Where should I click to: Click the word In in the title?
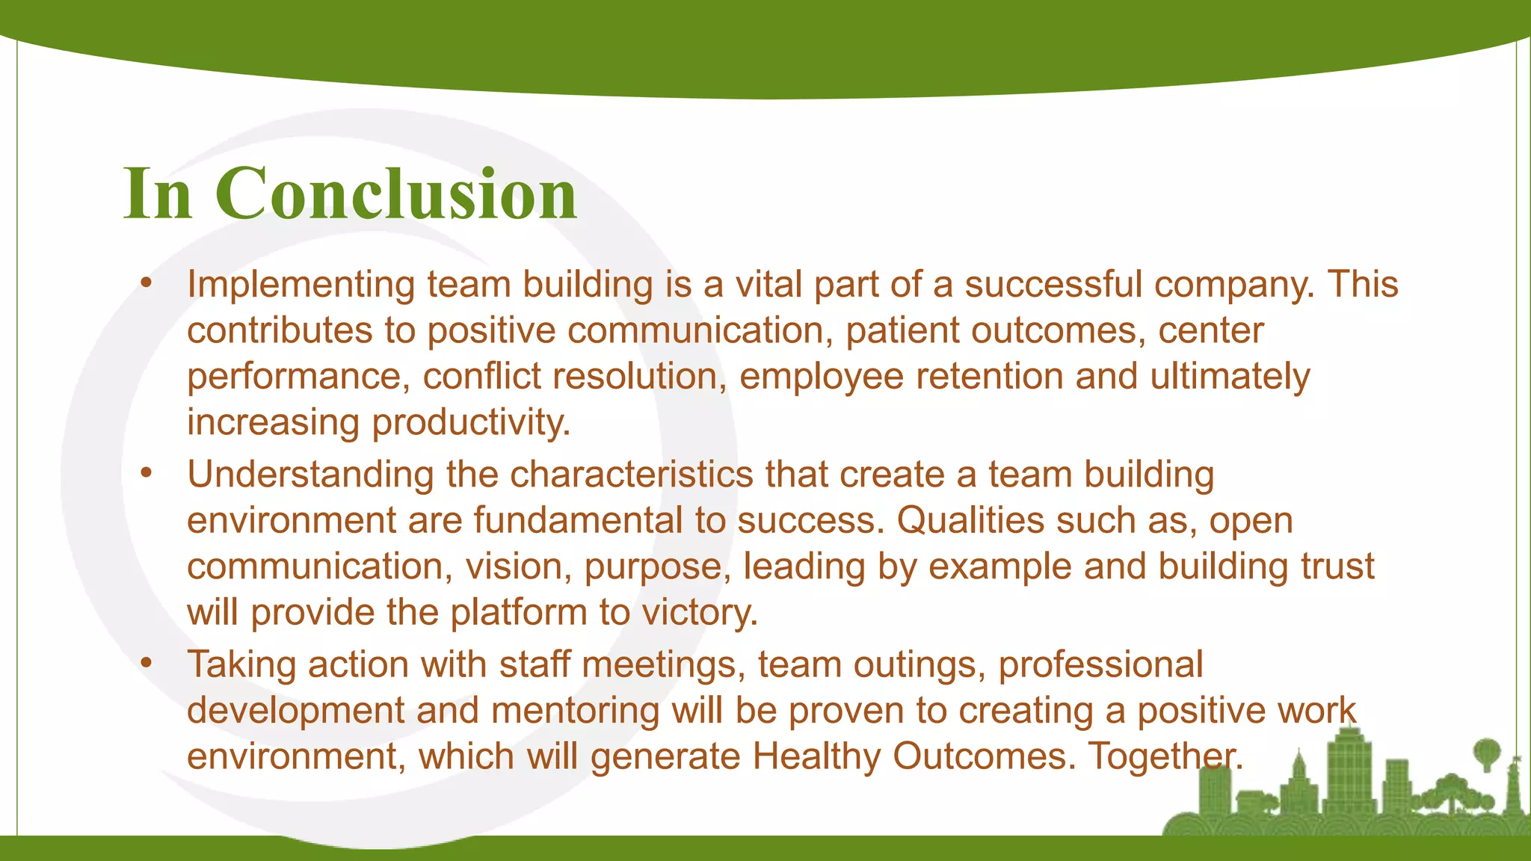158,194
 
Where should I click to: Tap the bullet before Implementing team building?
147,283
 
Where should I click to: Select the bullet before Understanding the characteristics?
147,473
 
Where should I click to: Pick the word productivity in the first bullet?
471,423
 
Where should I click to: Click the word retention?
989,376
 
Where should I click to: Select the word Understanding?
309,475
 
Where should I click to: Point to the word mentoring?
575,711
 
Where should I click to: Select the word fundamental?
579,520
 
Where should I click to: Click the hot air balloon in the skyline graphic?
1486,750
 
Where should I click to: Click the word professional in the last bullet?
1100,664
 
